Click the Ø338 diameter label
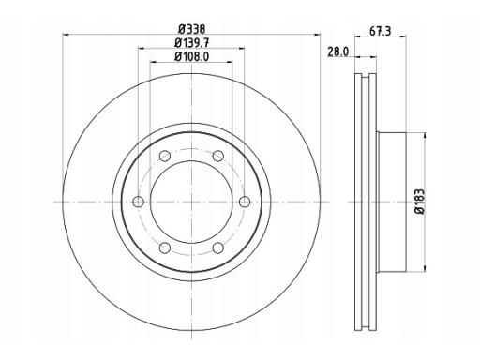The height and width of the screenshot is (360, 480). (x=192, y=29)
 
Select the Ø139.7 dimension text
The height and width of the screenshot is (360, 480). (x=192, y=42)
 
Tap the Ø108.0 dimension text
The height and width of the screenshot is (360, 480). (x=192, y=56)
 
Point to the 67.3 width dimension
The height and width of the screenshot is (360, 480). (x=380, y=31)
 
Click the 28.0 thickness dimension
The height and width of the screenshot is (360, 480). (x=337, y=52)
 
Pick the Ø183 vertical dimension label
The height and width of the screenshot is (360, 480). (x=420, y=201)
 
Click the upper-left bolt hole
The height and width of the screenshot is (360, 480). (x=165, y=156)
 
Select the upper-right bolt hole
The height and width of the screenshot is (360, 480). (x=217, y=156)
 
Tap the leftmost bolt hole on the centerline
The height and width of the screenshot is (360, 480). (x=138, y=202)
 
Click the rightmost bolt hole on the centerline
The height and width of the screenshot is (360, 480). (x=245, y=202)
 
